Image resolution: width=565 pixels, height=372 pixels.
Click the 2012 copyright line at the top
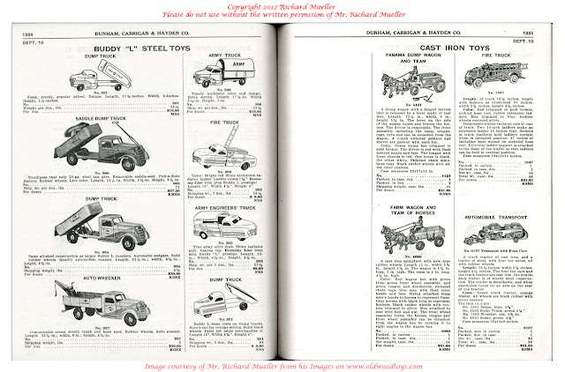tap(282, 6)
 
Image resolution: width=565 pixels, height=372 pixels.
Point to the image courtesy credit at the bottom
tap(282, 361)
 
